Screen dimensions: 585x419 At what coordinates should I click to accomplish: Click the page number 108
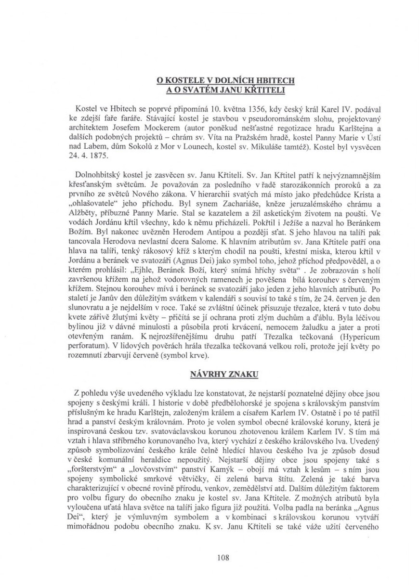tap(209, 558)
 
